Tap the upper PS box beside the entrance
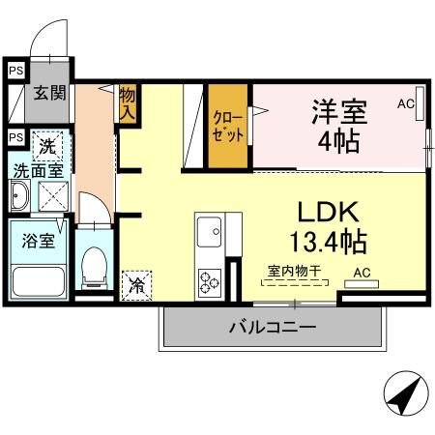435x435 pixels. (14, 70)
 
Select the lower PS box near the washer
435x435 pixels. (14, 137)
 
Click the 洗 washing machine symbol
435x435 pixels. (48, 148)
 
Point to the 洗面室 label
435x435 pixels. (37, 171)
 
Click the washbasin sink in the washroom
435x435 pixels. (19, 199)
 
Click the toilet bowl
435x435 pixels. (95, 267)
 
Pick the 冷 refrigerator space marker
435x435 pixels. (138, 286)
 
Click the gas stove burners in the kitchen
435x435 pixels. (210, 282)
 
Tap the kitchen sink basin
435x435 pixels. (210, 232)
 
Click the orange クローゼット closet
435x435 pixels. (228, 126)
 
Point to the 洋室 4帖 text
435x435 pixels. (335, 126)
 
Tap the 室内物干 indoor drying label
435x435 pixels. (295, 274)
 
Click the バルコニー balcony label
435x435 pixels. (273, 327)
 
